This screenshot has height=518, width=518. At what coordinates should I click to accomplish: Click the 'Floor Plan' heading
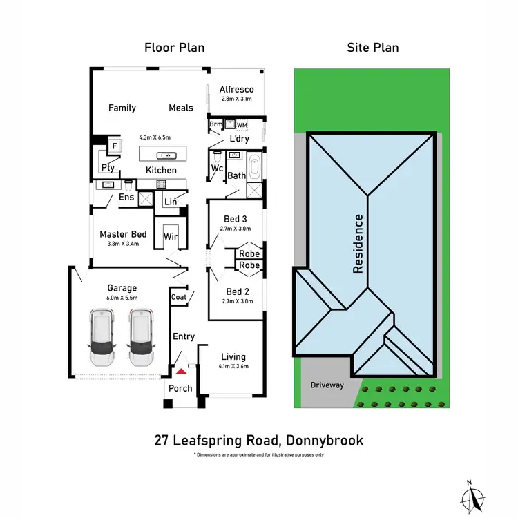tap(174, 48)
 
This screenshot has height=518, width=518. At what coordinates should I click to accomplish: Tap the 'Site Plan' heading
tap(372, 48)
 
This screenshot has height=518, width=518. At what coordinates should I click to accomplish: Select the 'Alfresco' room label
tap(237, 89)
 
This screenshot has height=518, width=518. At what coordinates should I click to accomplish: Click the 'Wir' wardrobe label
tap(170, 237)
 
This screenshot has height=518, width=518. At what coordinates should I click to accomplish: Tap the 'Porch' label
tap(181, 388)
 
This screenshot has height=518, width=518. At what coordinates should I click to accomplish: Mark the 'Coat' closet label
tap(179, 296)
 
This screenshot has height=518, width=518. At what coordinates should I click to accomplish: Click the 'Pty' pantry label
tap(108, 167)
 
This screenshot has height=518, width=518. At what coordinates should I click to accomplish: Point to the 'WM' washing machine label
tap(241, 125)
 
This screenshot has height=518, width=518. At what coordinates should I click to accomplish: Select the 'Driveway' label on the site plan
tap(327, 385)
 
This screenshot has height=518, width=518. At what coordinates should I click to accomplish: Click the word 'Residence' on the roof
tap(358, 244)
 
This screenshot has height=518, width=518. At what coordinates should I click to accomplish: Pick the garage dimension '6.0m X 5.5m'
tap(122, 298)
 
